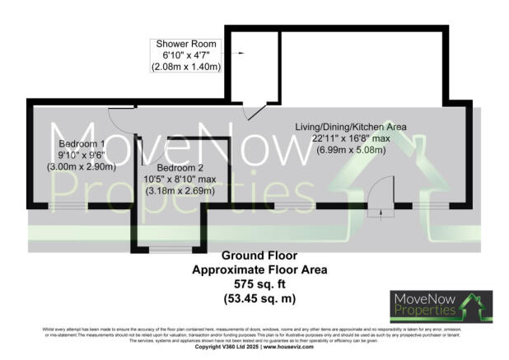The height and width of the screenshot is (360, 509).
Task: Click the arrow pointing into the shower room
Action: pyautogui.click(x=242, y=54)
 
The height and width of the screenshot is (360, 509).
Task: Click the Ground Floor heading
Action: pyautogui.click(x=259, y=257)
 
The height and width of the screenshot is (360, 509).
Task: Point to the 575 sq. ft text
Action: pyautogui.click(x=259, y=283)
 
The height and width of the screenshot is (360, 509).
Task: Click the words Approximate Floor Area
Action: pyautogui.click(x=259, y=269)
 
